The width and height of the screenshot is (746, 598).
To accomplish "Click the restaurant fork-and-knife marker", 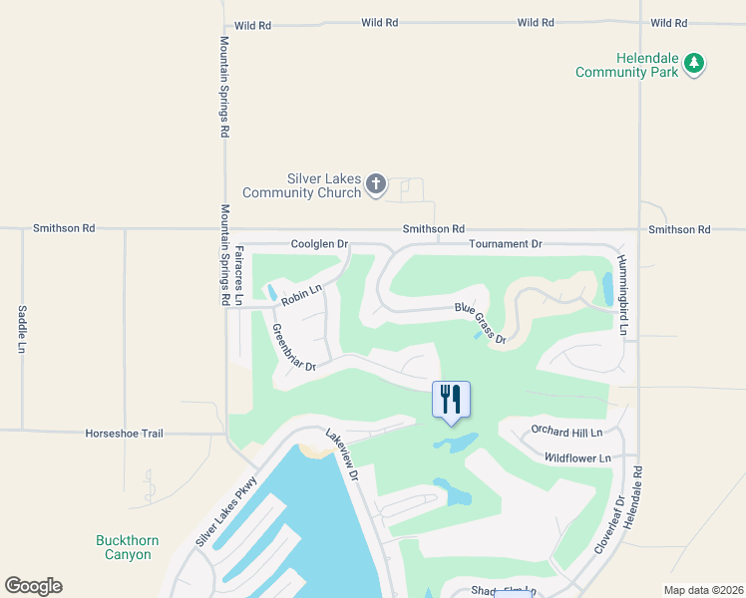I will point(451,400).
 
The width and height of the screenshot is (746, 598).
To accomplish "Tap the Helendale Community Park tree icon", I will point(695,65).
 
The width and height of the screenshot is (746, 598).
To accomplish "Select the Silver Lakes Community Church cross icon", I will point(376,183).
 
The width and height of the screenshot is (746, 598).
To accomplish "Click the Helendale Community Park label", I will point(626,65).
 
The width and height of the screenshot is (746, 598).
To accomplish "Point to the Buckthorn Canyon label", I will point(128,547).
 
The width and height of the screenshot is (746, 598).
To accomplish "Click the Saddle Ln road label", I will point(21,329).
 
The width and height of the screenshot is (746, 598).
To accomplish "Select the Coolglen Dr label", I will point(319,243).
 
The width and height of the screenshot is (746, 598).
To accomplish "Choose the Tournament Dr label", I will point(505,243).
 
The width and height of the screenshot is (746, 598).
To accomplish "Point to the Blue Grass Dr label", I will point(482,324).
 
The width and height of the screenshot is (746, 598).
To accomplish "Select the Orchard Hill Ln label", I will point(567,433).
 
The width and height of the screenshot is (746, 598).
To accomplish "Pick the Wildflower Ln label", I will point(574,457).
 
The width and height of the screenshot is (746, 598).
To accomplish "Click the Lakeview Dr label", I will point(342,455).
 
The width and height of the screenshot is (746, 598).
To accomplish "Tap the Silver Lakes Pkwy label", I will point(228,511).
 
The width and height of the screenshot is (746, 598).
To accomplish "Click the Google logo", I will point(33,586).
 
